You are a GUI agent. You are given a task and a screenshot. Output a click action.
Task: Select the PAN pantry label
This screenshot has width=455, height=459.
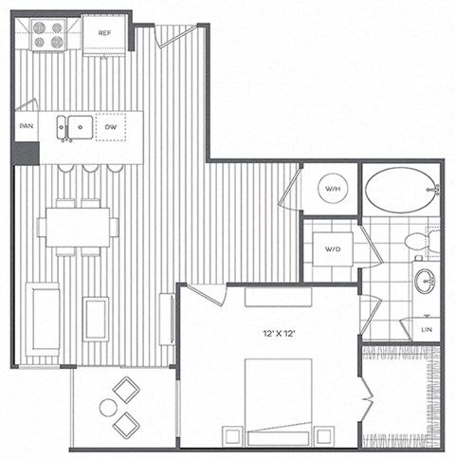tap(26, 125)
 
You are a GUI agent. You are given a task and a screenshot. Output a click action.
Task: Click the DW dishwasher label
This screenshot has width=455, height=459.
tap(110, 125)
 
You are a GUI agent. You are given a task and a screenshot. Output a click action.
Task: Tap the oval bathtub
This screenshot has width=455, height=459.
tap(398, 191)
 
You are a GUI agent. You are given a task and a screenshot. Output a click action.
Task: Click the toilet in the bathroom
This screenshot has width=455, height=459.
tap(422, 242)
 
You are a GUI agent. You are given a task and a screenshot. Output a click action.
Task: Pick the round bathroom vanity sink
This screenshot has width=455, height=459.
tap(426, 281)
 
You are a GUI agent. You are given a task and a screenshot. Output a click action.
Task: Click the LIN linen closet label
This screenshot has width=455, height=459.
tap(428, 329)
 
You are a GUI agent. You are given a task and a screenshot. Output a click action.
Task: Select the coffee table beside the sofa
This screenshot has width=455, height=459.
tap(96, 319)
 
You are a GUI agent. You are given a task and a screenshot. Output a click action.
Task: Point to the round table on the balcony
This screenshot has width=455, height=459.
tap(109, 408)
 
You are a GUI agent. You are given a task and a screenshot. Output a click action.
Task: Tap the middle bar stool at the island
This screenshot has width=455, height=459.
tap(91, 169)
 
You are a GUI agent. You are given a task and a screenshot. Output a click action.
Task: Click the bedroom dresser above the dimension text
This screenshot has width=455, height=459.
tap(279, 297)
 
